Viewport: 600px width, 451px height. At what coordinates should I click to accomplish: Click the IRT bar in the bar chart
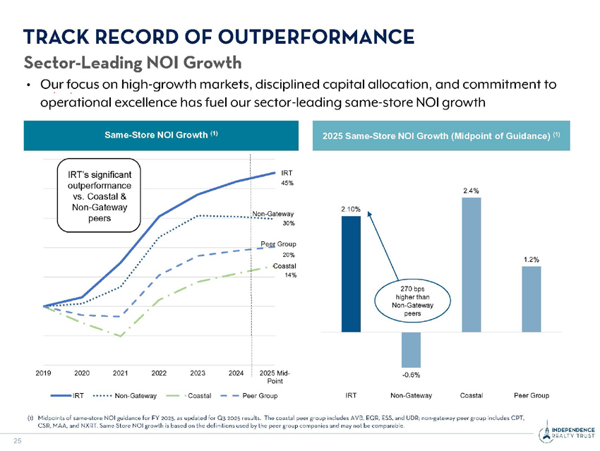[x=351, y=274]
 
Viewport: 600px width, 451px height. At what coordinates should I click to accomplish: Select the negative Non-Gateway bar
[x=411, y=348]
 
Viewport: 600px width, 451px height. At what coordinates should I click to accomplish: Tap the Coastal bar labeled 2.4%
[x=472, y=264]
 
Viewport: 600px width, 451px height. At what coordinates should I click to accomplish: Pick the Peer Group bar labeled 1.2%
[x=532, y=298]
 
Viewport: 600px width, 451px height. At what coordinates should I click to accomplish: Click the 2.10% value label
[x=351, y=209]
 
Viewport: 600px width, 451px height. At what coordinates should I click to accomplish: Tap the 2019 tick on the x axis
[x=44, y=372]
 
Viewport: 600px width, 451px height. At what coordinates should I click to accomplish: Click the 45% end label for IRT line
[x=288, y=183]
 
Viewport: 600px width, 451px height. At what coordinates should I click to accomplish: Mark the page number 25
[x=17, y=442]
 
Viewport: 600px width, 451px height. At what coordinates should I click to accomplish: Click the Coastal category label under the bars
[x=472, y=394]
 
